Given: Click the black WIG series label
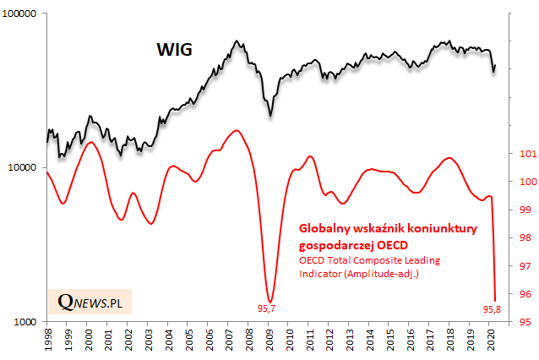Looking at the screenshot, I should (x=175, y=50).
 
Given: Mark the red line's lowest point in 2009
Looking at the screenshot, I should (x=269, y=302).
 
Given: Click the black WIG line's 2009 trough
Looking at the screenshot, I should (x=270, y=116).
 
